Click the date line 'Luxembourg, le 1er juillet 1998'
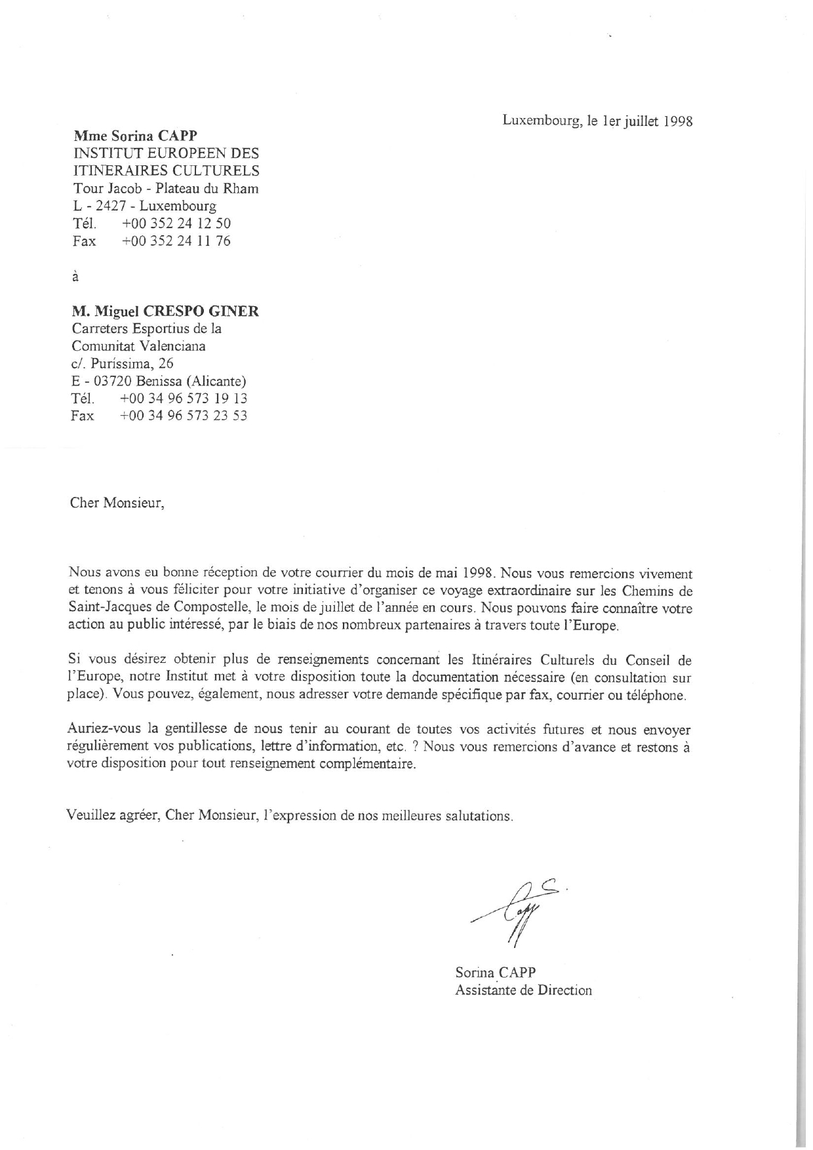point(597,121)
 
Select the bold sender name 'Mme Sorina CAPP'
point(135,136)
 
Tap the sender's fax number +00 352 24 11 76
point(176,241)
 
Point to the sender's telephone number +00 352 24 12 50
point(176,223)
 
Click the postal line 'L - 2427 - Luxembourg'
point(144,206)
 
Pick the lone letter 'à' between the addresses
point(75,277)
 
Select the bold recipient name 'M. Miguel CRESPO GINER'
point(165,311)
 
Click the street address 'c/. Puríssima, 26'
point(122,363)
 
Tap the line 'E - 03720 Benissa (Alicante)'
point(159,381)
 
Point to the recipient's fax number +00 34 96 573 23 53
point(184,416)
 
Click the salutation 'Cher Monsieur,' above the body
point(116,504)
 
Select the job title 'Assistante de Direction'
point(523,990)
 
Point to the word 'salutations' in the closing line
point(478,816)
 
